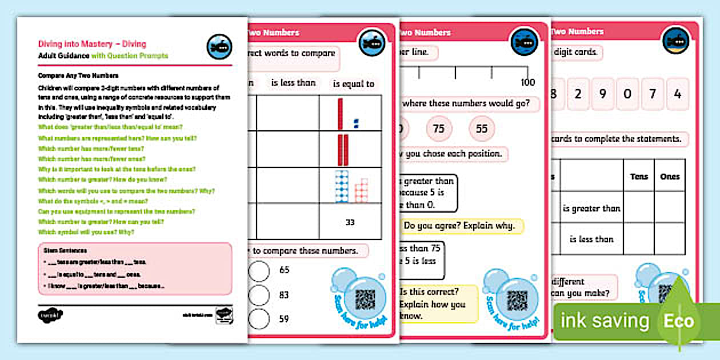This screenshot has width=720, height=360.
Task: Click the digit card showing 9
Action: [602, 94]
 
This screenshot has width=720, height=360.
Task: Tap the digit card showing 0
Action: [627, 94]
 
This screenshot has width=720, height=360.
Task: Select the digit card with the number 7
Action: [653, 94]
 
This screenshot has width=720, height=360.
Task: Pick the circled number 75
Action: [438, 129]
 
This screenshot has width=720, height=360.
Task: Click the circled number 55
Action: [482, 129]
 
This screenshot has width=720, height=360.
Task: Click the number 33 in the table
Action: [350, 222]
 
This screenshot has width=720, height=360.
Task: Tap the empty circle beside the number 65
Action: [259, 270]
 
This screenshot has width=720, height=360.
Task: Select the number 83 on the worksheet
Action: [284, 295]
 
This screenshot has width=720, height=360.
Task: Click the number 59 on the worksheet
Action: [284, 319]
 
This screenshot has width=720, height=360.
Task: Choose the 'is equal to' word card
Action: [354, 84]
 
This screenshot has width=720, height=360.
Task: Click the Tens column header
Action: [639, 177]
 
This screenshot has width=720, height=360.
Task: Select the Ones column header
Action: [670, 177]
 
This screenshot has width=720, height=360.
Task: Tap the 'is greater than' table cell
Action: [591, 209]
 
